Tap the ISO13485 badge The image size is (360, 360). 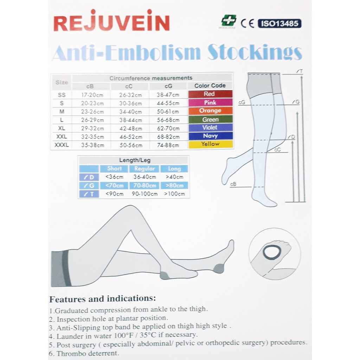[x=279, y=24]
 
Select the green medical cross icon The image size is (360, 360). [x=229, y=21]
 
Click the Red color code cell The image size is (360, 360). [x=210, y=94]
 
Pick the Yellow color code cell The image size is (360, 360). [x=210, y=144]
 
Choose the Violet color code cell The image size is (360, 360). [x=210, y=128]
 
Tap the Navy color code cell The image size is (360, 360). [x=210, y=136]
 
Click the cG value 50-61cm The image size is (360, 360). [x=168, y=111]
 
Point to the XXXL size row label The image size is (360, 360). [x=62, y=145]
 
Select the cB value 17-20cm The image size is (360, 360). [x=92, y=95]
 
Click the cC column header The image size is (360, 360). [x=130, y=86]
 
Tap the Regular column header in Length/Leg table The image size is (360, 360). [x=144, y=169]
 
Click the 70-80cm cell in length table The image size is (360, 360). [x=144, y=186]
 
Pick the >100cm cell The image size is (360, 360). [x=174, y=194]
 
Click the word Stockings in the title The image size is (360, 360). [x=255, y=53]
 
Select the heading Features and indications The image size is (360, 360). [x=102, y=299]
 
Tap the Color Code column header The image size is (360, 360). [x=210, y=85]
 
